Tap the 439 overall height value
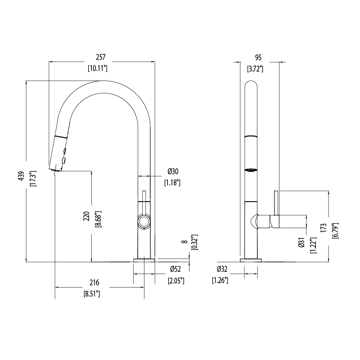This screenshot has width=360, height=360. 20,177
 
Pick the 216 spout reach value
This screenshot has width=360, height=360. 94,283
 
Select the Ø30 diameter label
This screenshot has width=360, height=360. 173,171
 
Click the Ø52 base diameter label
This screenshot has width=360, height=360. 175,269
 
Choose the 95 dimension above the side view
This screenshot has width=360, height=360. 258,57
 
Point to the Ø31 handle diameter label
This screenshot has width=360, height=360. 301,243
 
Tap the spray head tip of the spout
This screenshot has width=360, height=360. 55,169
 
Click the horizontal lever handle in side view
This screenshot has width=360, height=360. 288,221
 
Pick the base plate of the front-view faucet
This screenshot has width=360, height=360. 144,260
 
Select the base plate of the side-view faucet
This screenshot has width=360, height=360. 252,260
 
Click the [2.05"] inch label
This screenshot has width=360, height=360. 176,281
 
